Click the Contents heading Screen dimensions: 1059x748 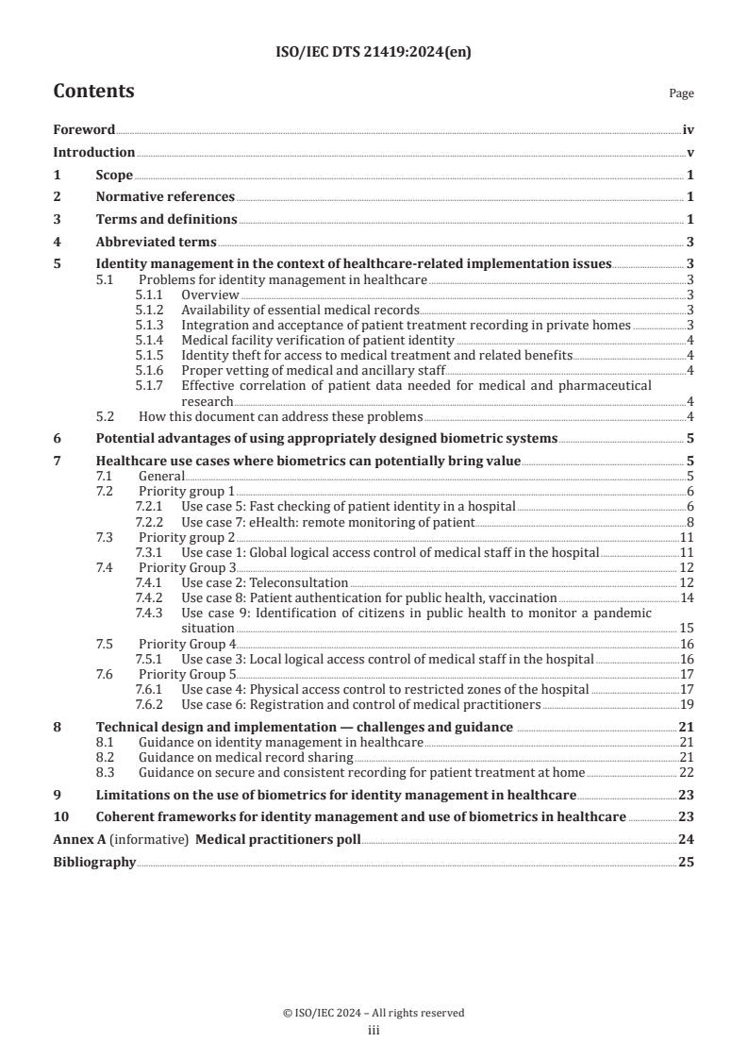pos(93,92)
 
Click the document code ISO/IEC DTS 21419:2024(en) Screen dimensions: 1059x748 pos(374,53)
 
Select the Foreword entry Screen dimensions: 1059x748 pos(84,130)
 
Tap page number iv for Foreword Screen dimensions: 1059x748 pos(689,130)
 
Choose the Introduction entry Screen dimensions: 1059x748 pos(93,152)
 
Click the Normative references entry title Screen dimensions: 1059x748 pos(165,196)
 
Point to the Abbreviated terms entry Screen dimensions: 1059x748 pos(156,241)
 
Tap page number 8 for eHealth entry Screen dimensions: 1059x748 pos(690,522)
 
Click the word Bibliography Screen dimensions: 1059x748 pos(94,862)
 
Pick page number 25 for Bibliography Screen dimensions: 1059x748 pos(687,862)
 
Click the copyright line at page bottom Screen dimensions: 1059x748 pos(374,1013)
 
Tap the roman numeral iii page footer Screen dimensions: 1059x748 pos(374,1031)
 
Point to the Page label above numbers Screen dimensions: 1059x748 pos(681,93)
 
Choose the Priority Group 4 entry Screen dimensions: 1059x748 pos(187,644)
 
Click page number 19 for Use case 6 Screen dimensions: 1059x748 pos(687,704)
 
